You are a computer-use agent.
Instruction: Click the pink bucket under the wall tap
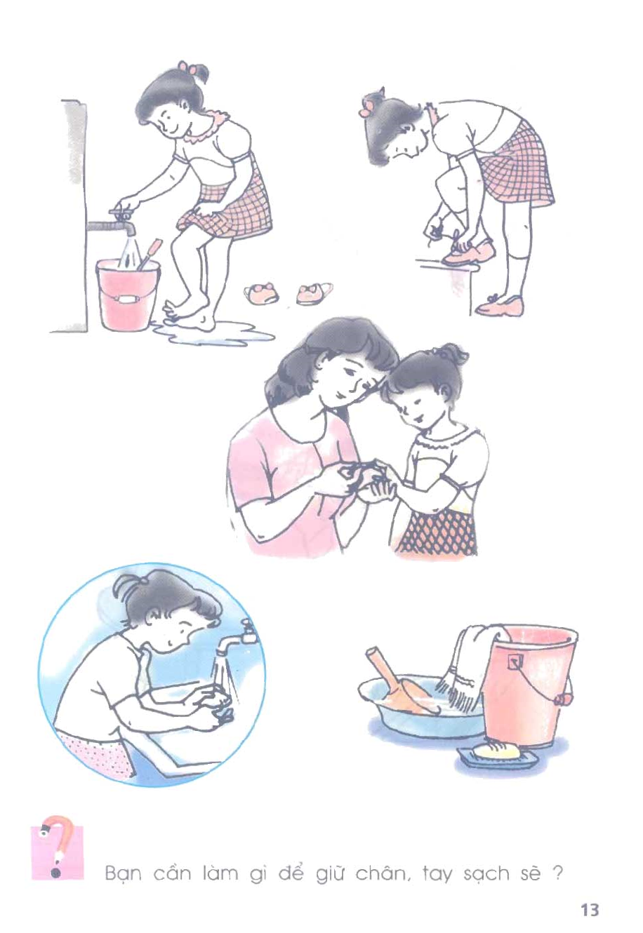[x=128, y=294]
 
